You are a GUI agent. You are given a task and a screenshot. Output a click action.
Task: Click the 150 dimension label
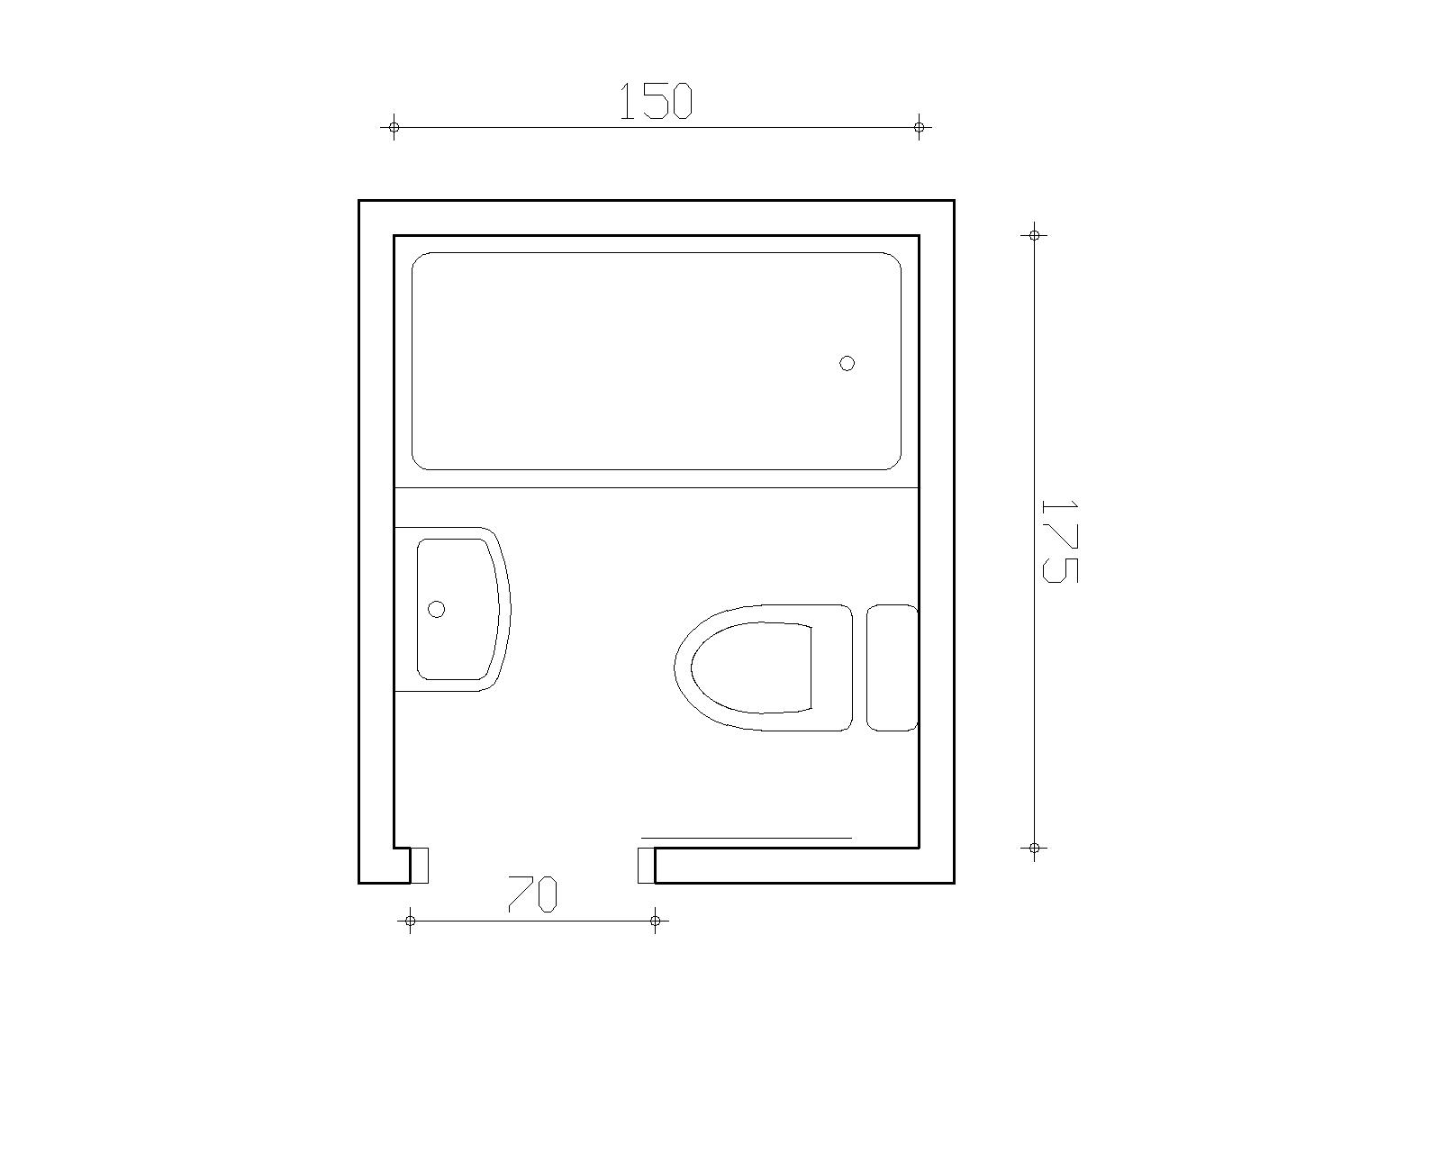pos(657,102)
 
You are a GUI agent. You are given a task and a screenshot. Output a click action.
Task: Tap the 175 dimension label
pos(1058,541)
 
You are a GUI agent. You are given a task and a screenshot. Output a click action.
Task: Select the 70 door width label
pos(532,894)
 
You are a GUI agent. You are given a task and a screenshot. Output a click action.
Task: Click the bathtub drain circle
pos(847,363)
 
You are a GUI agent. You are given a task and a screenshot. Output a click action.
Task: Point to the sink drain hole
pos(437,609)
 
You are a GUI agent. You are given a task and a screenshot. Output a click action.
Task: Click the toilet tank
pos(892,667)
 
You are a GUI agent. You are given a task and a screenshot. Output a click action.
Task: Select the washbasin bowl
pos(458,609)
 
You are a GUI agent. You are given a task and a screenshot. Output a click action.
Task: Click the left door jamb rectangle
pos(419,866)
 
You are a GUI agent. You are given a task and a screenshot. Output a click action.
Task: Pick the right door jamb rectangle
pos(646,866)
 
